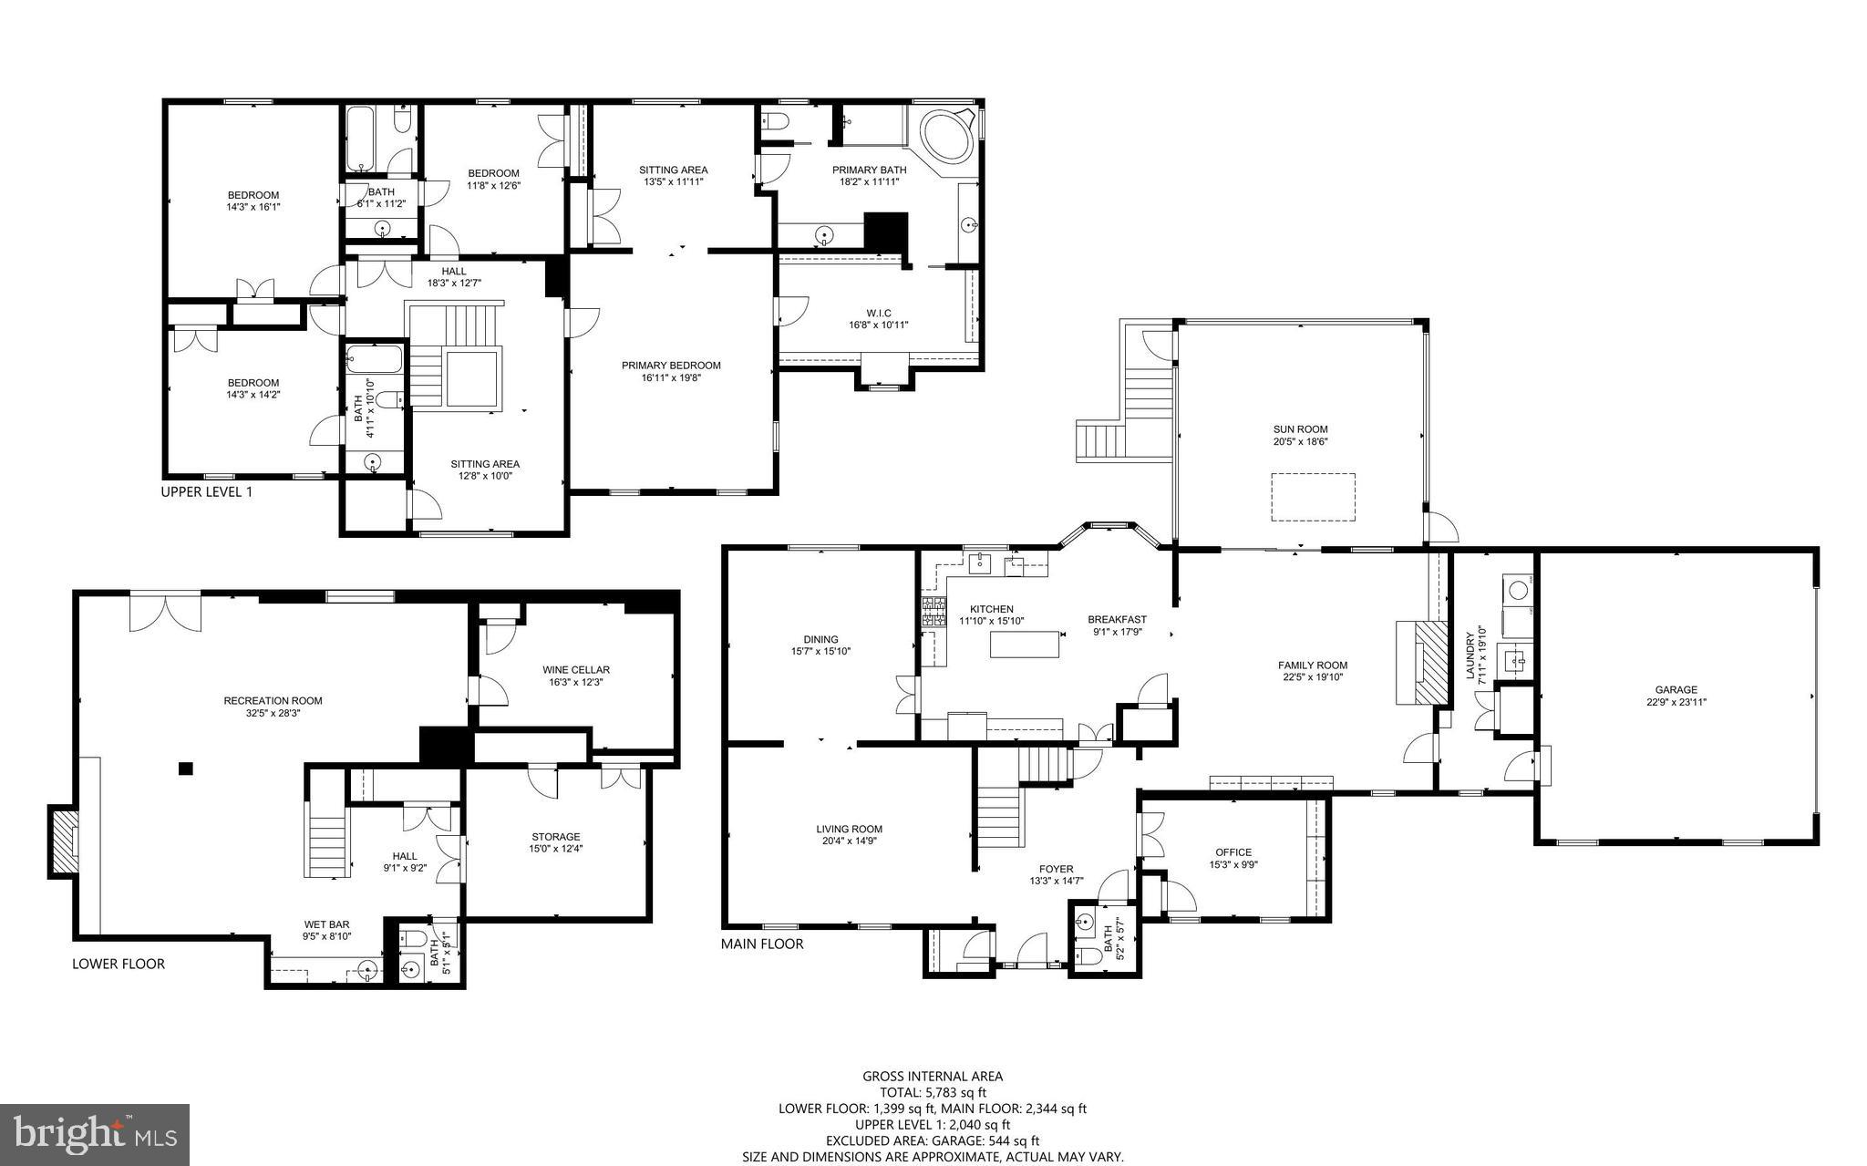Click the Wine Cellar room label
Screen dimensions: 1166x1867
pos(575,670)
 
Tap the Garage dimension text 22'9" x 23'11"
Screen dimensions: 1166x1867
pos(1676,702)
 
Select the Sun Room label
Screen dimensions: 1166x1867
pos(1300,429)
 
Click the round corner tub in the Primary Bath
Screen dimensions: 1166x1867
pos(946,138)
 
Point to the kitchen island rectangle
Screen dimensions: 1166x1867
pos(1026,644)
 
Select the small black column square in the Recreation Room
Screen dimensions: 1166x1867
pos(186,769)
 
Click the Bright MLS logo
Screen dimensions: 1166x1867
pos(95,1135)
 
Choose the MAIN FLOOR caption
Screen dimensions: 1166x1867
pos(762,944)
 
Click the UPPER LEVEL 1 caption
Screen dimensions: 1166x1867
pos(206,492)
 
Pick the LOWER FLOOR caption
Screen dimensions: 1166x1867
pos(119,964)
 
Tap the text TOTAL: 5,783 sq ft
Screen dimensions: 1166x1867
pos(932,1092)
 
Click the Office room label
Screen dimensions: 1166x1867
pos(1233,852)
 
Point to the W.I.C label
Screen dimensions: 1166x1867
pos(879,314)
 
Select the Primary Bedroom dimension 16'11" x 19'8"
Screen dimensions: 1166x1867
pos(671,377)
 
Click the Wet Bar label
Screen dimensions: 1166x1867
pos(326,924)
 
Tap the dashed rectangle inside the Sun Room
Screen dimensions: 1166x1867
pos(1313,497)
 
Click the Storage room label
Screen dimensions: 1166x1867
pos(556,837)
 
